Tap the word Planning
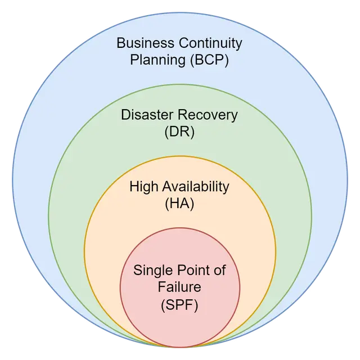(x=154, y=60)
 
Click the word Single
(x=150, y=271)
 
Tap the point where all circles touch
(x=179, y=345)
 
